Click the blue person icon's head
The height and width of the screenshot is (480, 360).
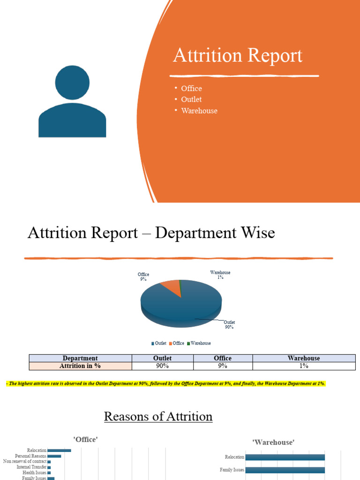72,82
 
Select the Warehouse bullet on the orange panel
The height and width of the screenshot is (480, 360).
199,111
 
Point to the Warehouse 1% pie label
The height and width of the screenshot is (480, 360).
220,275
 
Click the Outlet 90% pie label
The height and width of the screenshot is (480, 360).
229,325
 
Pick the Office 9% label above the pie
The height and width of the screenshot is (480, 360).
143,277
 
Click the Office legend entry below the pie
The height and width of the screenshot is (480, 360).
177,343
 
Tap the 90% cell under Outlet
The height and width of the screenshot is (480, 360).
162,366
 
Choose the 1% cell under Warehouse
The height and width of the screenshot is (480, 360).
304,366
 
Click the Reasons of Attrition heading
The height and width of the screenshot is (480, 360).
158,416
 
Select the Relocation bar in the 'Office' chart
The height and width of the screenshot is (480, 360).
59,450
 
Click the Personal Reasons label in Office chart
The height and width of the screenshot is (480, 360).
30,456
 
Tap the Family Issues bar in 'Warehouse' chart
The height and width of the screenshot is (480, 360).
285,470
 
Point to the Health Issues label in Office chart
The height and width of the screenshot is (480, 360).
34,473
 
